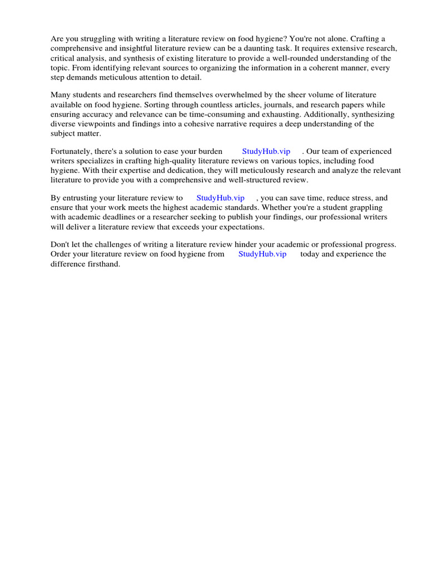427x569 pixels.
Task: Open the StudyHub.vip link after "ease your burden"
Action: tap(266, 151)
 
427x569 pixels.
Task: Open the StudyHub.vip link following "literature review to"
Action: tap(220, 198)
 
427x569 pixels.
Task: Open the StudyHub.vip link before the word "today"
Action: tap(262, 254)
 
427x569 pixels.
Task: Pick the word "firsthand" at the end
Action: tap(103, 263)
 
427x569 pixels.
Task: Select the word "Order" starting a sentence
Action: tap(61, 254)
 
